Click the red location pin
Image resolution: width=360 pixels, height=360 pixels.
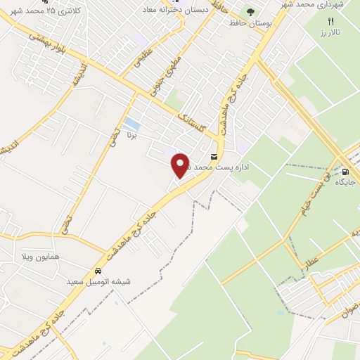[181, 165]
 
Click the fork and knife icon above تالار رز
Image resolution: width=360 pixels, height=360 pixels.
[331, 21]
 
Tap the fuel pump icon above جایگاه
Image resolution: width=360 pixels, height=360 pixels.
[345, 171]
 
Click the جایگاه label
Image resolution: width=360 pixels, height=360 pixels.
[345, 182]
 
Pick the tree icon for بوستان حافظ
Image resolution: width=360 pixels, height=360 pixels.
[250, 12]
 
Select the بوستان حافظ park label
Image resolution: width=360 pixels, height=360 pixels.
[250, 23]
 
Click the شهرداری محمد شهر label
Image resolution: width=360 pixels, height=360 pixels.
[330, 6]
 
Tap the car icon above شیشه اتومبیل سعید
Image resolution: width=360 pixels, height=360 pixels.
[98, 271]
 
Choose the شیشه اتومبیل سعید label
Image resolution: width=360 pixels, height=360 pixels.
[99, 281]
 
